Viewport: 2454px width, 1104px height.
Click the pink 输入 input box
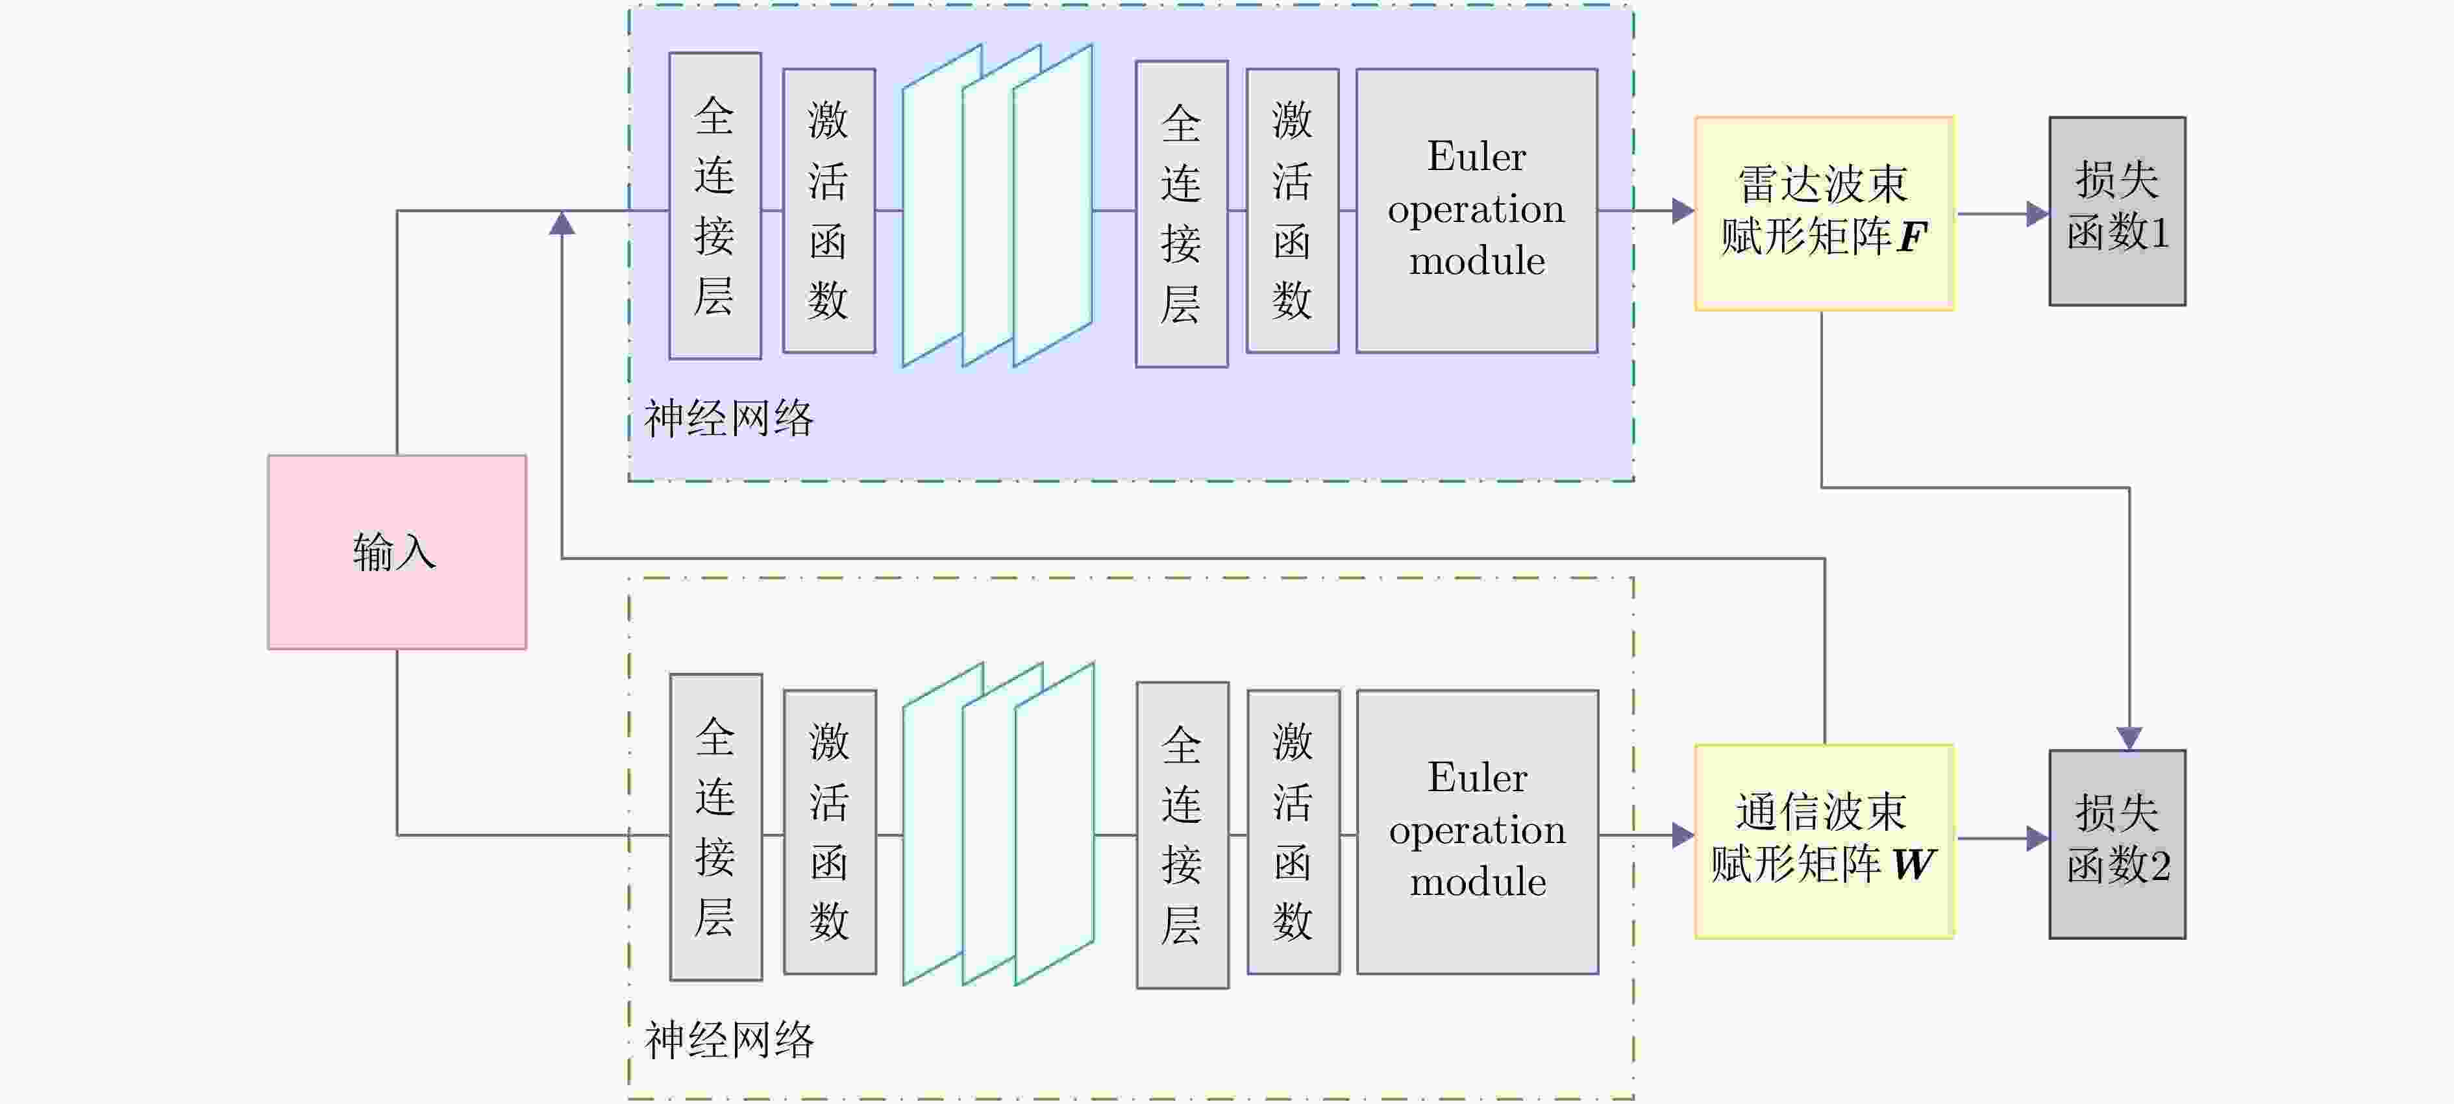(396, 552)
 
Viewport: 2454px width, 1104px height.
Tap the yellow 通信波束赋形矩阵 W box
(1824, 840)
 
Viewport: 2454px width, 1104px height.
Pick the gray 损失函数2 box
(2117, 843)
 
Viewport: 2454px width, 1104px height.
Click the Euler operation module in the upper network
(1476, 210)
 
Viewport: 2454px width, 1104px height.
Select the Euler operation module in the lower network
(1476, 831)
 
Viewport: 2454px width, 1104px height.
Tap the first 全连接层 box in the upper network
(715, 205)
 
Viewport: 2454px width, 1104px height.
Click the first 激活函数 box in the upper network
(829, 210)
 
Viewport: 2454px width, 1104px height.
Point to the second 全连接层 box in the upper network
(1182, 214)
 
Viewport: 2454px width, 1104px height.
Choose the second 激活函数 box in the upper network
(1292, 210)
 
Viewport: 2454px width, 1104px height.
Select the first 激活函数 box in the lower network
(830, 831)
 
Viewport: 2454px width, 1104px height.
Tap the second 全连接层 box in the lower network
(1182, 835)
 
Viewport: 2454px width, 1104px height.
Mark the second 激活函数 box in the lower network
(1293, 831)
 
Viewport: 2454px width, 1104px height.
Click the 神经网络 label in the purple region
(729, 419)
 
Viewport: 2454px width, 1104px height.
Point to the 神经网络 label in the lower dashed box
(730, 1040)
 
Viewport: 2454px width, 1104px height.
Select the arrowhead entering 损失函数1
(2037, 214)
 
